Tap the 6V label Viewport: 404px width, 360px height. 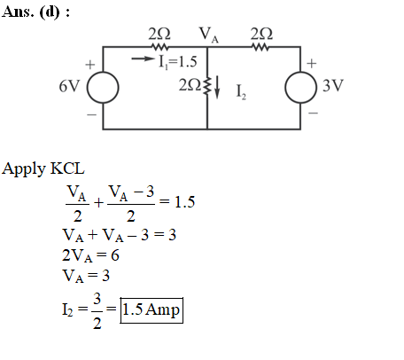tap(69, 87)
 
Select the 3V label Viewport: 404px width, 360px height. tap(333, 85)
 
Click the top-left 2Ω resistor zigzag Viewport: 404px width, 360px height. tap(159, 47)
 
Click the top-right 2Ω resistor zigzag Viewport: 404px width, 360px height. tap(260, 47)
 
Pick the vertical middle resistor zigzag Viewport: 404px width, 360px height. tap(207, 87)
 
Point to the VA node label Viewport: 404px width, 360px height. tap(209, 35)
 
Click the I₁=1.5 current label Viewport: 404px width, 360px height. tap(178, 62)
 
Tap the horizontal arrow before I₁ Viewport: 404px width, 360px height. tap(144, 59)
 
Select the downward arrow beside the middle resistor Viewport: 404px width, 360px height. tap(217, 87)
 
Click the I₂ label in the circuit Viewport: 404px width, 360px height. tap(241, 91)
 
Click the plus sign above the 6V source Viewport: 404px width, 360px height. tap(90, 65)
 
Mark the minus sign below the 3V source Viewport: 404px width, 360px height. tap(313, 113)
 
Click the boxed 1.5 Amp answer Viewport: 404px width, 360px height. tap(151, 310)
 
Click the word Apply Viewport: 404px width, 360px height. tap(23, 169)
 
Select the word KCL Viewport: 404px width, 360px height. tap(67, 168)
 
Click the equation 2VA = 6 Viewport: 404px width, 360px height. tap(90, 255)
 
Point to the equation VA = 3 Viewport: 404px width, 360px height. tap(86, 276)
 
